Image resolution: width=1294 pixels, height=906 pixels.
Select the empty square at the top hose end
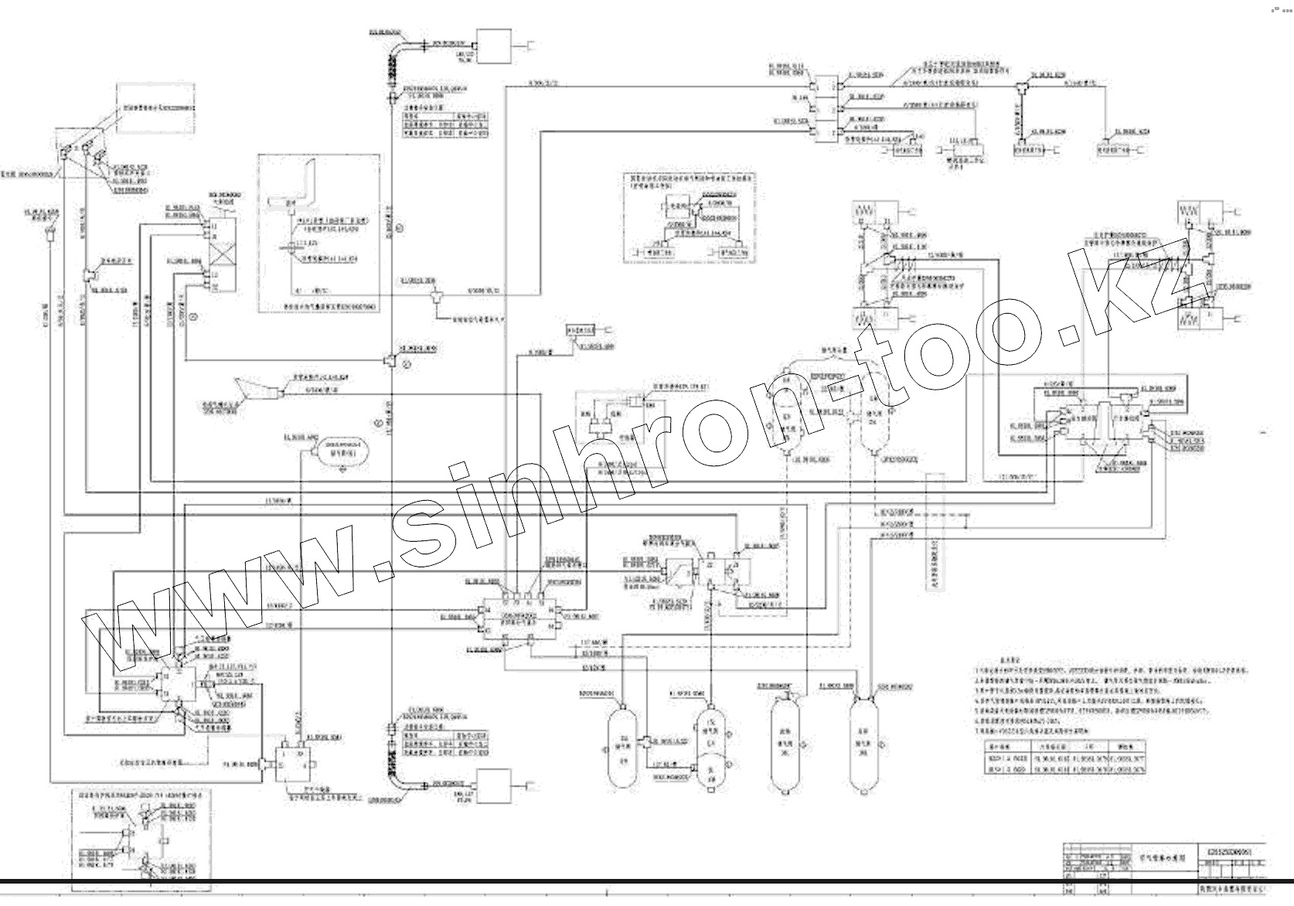coord(492,46)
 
